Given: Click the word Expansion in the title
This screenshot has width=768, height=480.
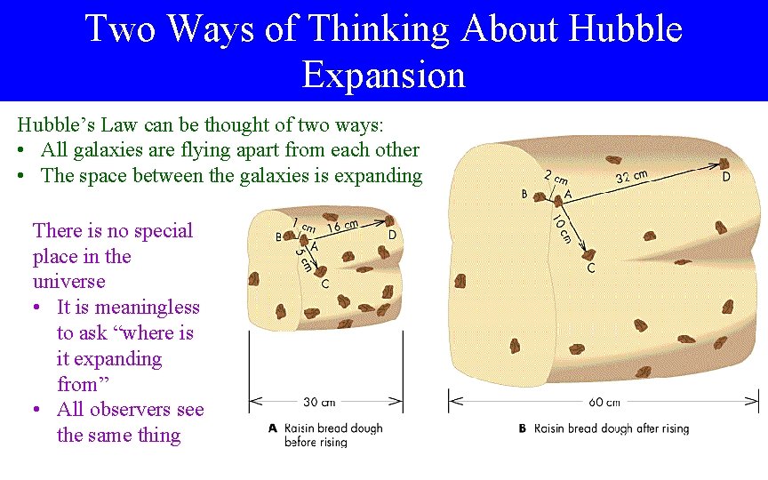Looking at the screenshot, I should point(383,74).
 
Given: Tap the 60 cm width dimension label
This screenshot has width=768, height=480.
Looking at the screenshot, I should point(604,402).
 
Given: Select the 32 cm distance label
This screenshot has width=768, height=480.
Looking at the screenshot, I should point(631,177).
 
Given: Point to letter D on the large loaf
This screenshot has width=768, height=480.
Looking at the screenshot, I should point(725,177).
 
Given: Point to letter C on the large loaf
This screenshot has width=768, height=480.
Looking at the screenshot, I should point(591,267).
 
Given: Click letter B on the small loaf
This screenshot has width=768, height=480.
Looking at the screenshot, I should point(279,237).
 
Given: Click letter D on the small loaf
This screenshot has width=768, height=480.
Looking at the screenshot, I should point(392,235).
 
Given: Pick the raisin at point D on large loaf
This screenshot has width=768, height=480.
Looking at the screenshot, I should point(725,164).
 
